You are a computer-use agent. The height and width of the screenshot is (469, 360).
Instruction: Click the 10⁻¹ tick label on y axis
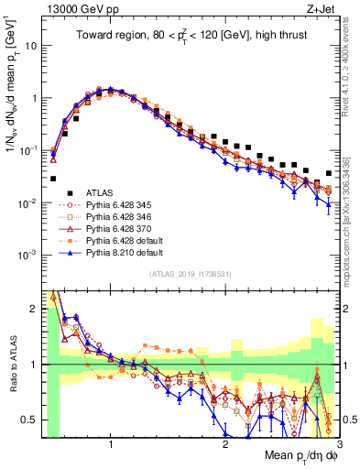point(27,149)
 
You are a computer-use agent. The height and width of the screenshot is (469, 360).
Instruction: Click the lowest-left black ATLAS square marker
point(53,179)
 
